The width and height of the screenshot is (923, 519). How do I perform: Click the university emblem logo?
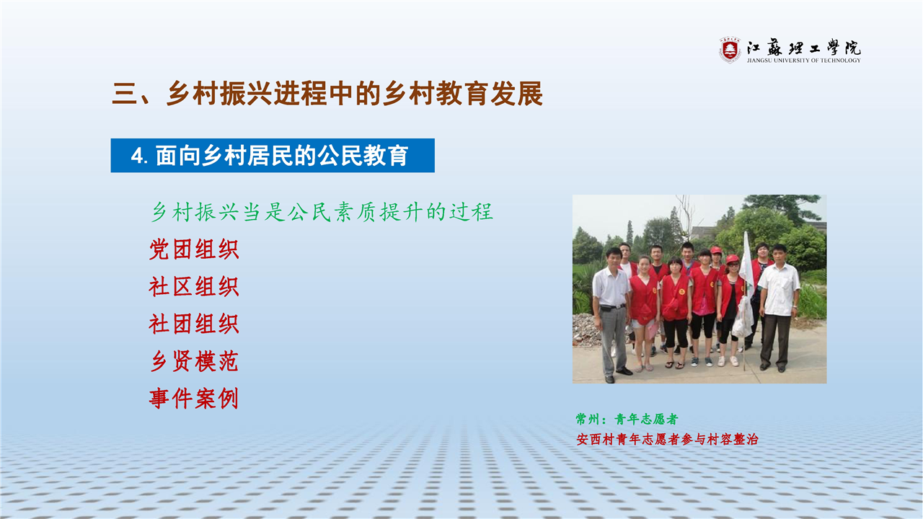pyautogui.click(x=730, y=50)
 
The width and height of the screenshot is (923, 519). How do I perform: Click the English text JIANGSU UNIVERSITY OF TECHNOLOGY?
pyautogui.click(x=803, y=61)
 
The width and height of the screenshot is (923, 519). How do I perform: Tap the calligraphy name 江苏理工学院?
pyautogui.click(x=803, y=48)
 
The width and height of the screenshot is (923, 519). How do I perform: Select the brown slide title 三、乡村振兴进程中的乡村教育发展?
pyautogui.click(x=327, y=94)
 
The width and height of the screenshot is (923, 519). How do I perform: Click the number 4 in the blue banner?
pyautogui.click(x=137, y=156)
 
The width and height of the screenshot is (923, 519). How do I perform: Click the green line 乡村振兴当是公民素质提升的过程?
pyautogui.click(x=322, y=212)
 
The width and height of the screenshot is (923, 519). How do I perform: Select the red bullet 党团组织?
pyautogui.click(x=194, y=249)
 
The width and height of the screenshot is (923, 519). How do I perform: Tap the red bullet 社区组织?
pyautogui.click(x=194, y=287)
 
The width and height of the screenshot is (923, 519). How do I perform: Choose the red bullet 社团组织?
pyautogui.click(x=194, y=324)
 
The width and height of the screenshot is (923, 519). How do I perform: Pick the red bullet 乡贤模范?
pyautogui.click(x=194, y=361)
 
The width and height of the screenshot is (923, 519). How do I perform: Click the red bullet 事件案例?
pyautogui.click(x=194, y=399)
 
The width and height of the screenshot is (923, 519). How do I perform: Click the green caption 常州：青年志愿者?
pyautogui.click(x=627, y=420)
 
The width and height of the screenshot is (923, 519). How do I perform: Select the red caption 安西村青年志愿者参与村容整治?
pyautogui.click(x=667, y=440)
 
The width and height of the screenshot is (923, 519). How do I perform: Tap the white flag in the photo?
pyautogui.click(x=747, y=264)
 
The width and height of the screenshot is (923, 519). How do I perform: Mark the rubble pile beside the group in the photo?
pyautogui.click(x=585, y=329)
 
